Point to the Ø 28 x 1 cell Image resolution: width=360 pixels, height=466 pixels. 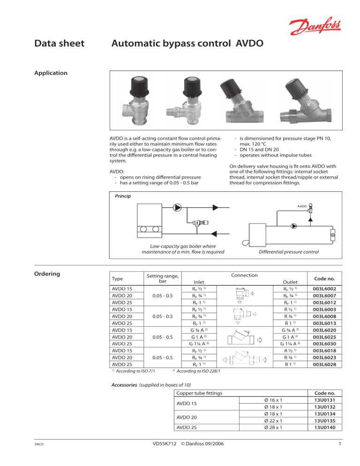tap(273, 427)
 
